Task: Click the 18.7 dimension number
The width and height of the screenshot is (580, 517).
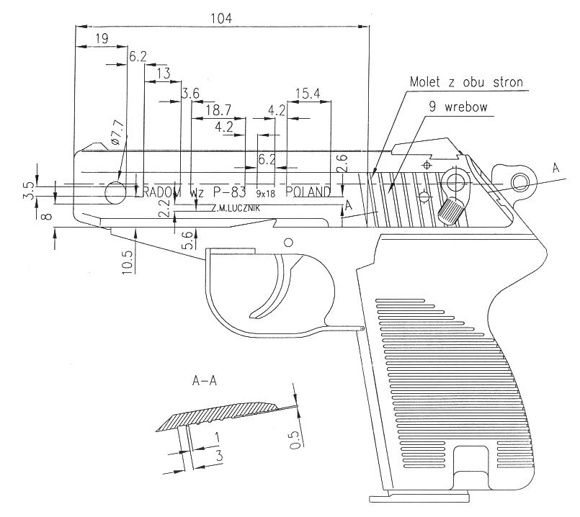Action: (218, 110)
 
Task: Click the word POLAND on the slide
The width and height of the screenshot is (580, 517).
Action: (308, 192)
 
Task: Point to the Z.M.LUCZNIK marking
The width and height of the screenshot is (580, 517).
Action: (235, 208)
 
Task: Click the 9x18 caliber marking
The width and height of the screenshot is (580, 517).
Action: (265, 193)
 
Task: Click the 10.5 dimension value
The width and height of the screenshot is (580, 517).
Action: (128, 260)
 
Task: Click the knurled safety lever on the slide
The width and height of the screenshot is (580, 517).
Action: (452, 210)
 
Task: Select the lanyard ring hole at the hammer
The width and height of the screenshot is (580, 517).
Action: (520, 179)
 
